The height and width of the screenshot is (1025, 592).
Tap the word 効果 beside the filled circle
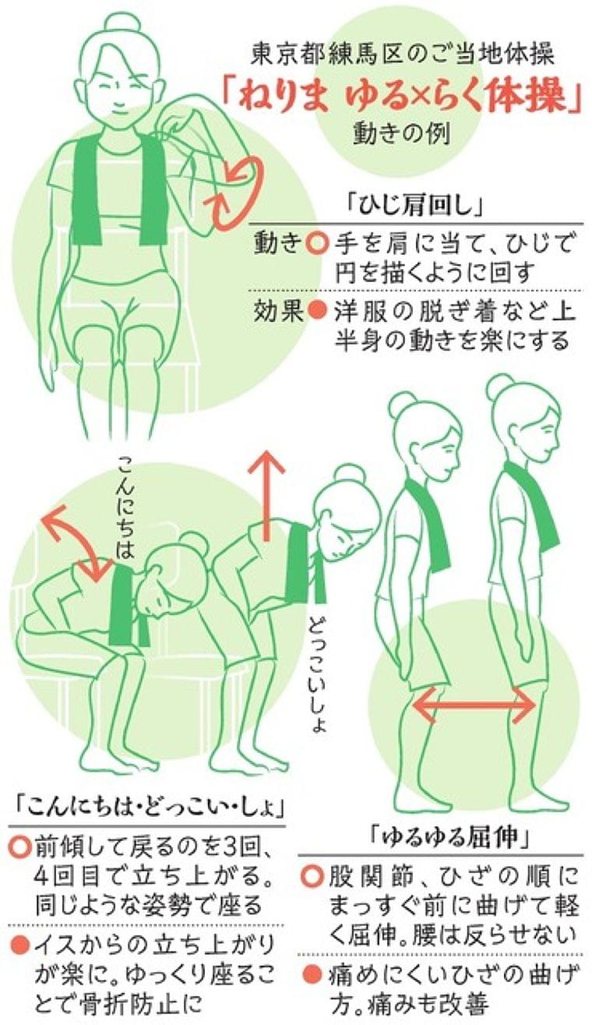pos(278,312)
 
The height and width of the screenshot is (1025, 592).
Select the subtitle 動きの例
pos(402,135)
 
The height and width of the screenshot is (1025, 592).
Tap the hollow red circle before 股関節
pos(313,876)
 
